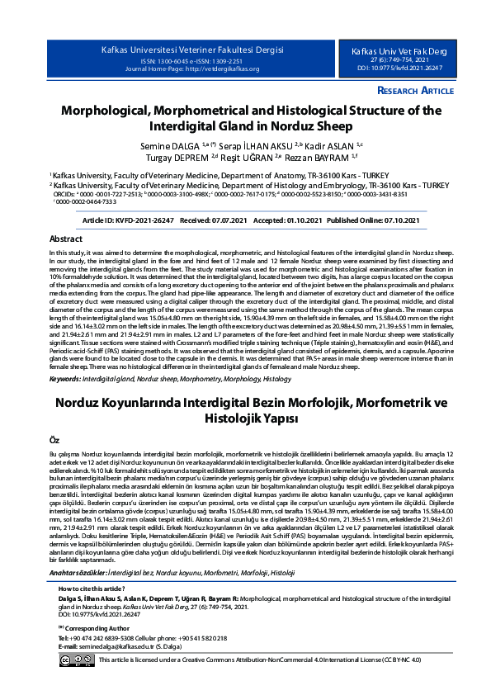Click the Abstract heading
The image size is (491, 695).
tap(67, 239)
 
